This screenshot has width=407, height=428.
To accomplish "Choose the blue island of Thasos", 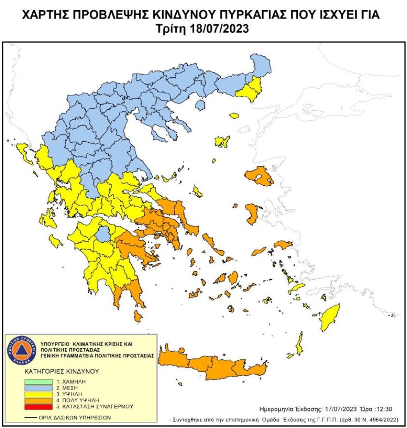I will [200, 105].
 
